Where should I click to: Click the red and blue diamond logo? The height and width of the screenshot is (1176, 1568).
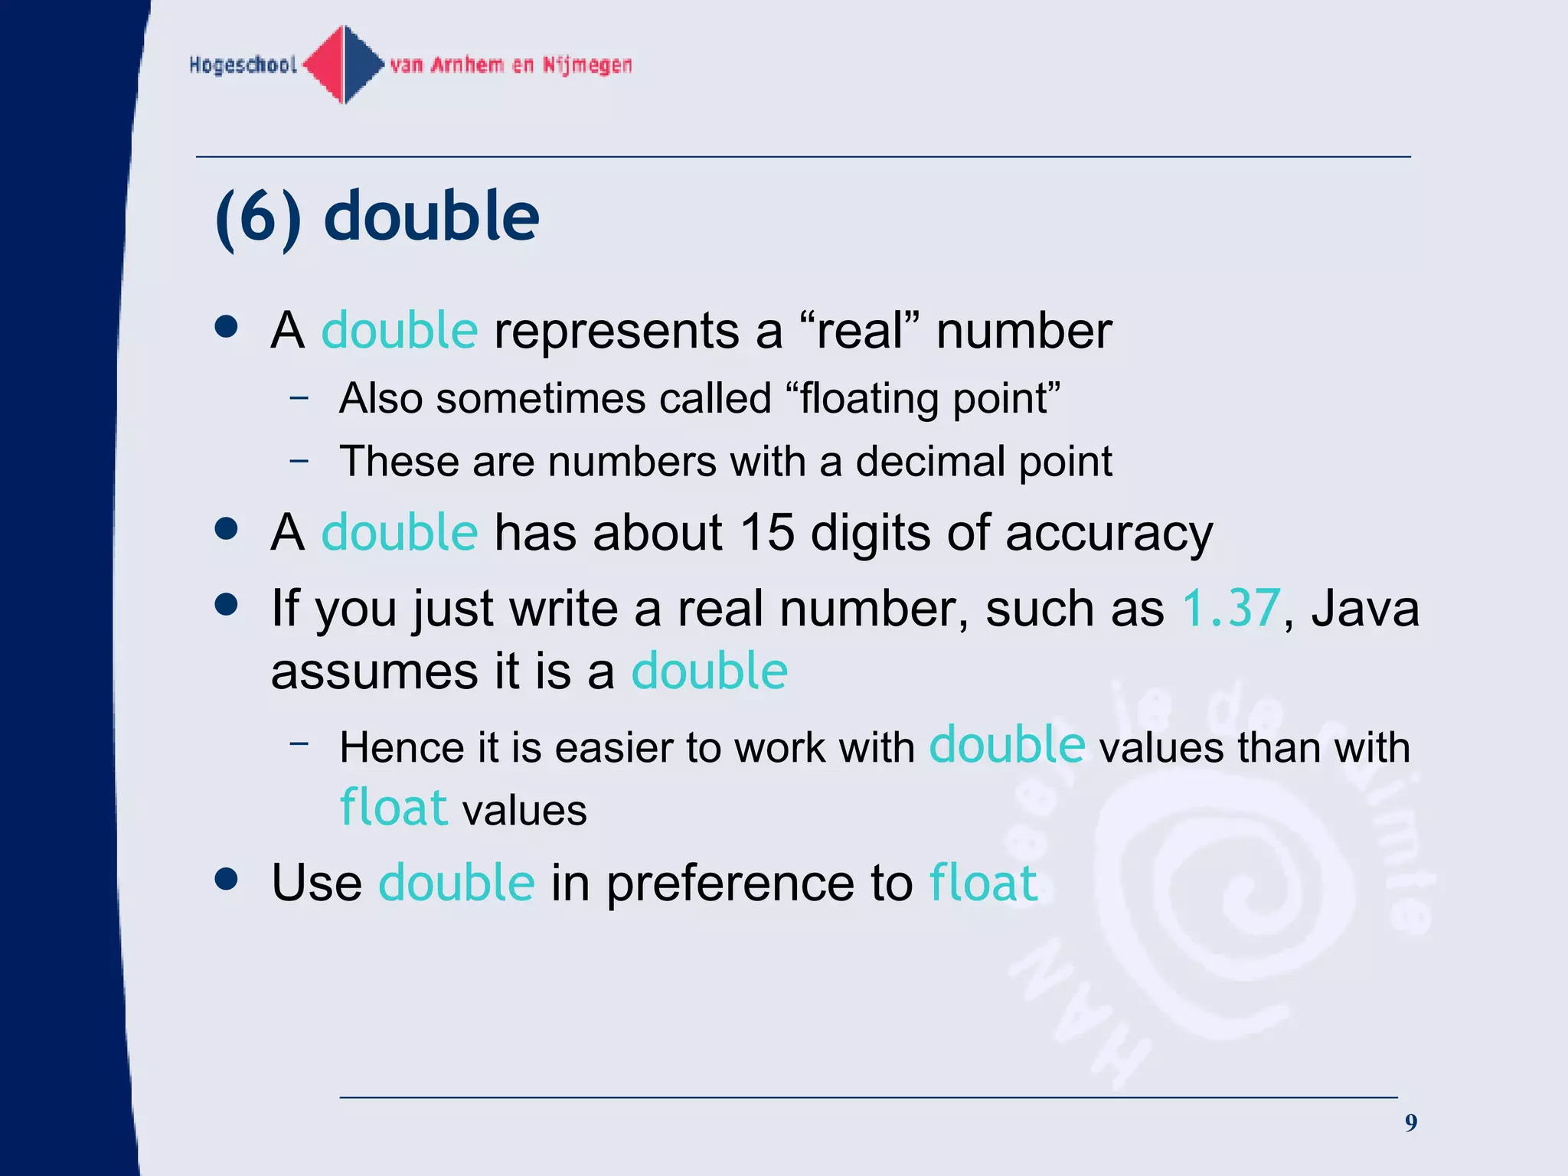345,64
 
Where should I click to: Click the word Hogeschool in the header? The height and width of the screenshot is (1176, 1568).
243,65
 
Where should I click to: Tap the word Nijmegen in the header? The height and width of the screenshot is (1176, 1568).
587,65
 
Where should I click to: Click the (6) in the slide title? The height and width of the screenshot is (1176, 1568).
259,217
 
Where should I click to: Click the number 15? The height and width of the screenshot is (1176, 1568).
767,532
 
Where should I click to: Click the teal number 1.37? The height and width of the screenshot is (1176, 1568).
1230,609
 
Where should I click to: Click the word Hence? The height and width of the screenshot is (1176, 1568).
401,747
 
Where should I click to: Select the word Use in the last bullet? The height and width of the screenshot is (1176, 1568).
316,883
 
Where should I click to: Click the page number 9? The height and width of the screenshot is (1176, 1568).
1410,1123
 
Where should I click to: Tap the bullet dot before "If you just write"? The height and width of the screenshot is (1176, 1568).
227,605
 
